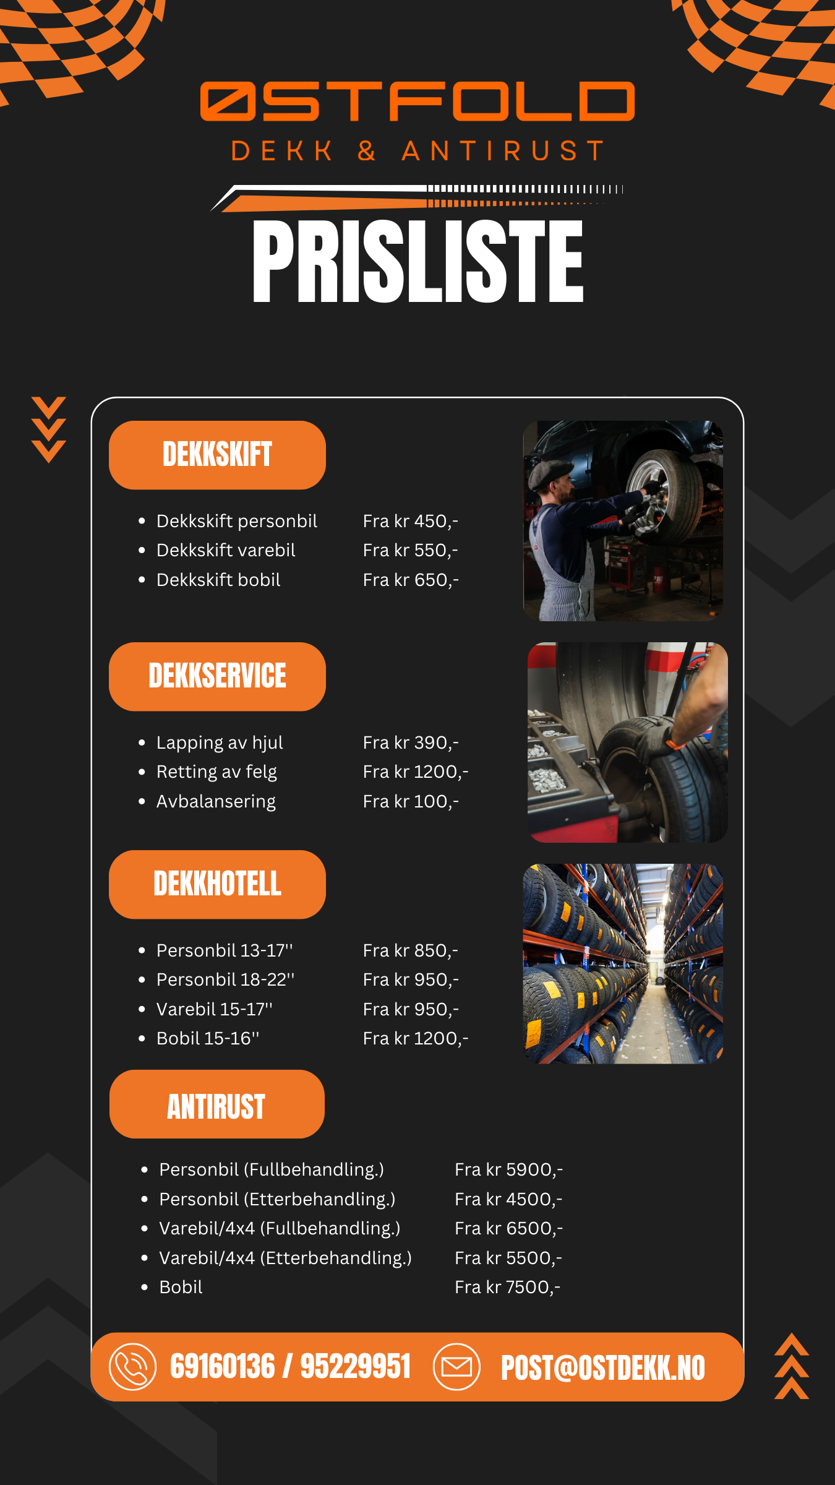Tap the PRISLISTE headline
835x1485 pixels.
(418, 262)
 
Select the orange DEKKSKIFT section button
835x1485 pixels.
(217, 455)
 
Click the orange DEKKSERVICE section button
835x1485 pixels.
(217, 676)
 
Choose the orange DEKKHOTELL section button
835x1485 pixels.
(217, 884)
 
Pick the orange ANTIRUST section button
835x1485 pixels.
(217, 1104)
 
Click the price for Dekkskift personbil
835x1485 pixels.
(411, 521)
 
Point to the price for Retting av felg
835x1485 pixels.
(416, 772)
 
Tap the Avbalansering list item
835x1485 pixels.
(216, 801)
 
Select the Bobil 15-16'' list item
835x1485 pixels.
(208, 1038)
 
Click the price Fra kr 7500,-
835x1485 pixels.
(508, 1287)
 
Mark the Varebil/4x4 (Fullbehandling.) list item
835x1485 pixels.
(280, 1228)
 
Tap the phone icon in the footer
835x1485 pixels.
(132, 1367)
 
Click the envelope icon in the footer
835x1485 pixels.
(456, 1367)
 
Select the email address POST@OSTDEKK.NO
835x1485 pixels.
(603, 1367)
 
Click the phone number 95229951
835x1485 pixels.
(356, 1367)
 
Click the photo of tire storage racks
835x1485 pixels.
(623, 963)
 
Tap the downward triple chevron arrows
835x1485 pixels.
(49, 429)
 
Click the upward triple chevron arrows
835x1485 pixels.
(792, 1366)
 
